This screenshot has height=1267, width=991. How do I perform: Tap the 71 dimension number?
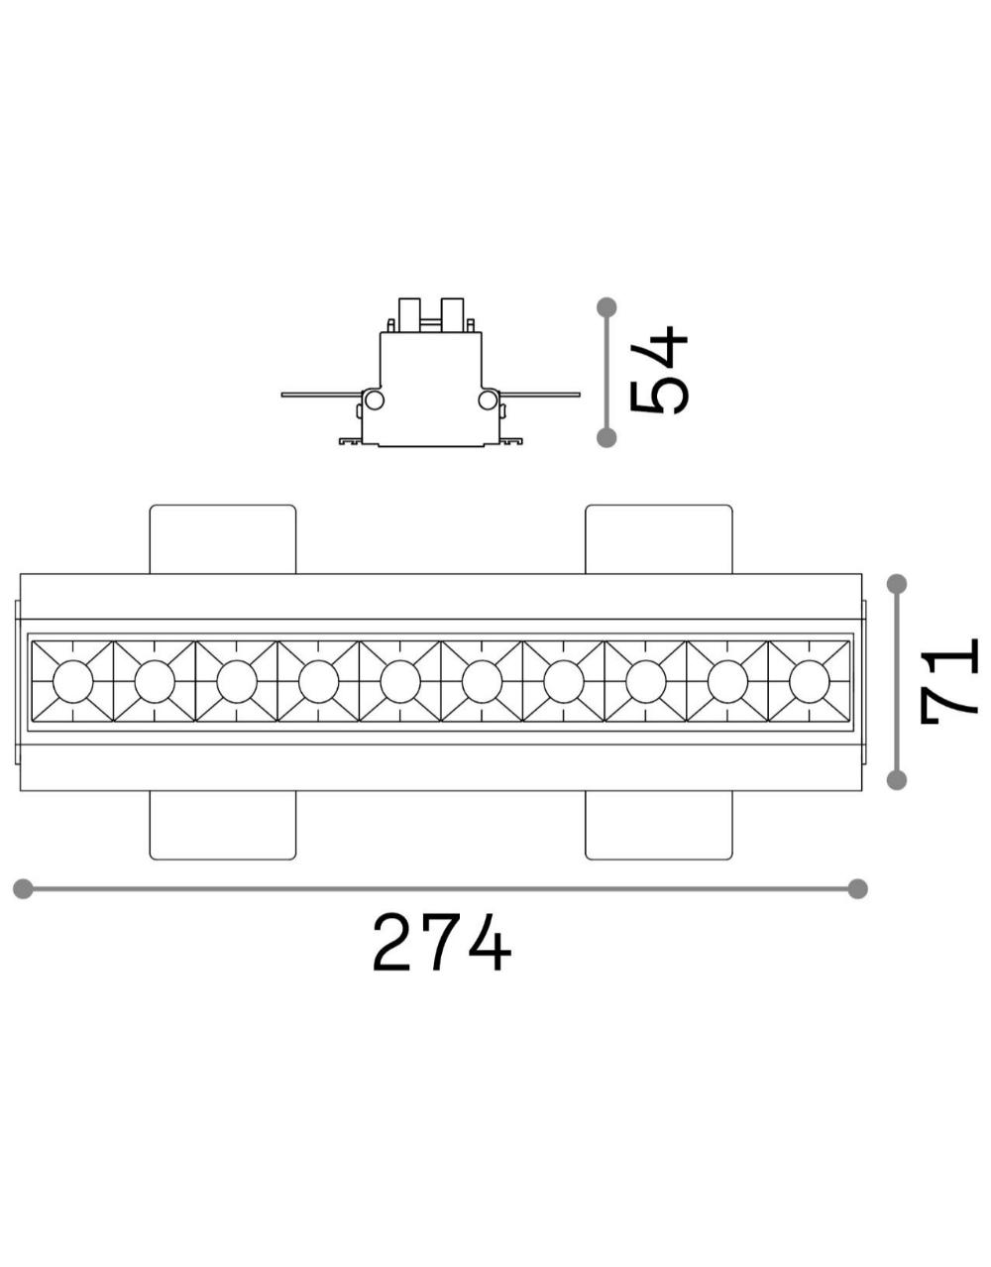click(948, 682)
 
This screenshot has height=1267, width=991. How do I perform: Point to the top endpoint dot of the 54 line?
click(607, 306)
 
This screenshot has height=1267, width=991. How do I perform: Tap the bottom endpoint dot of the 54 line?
click(607, 437)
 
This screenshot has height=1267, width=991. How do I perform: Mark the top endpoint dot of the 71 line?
click(897, 584)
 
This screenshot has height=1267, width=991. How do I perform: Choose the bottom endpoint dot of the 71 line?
click(897, 780)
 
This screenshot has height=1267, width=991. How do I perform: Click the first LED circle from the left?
click(72, 681)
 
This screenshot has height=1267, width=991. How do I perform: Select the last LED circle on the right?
click(810, 681)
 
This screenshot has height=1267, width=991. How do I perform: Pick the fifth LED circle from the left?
click(400, 681)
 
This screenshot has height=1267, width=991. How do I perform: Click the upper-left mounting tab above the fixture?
click(223, 539)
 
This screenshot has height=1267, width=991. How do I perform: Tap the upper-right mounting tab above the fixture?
click(659, 539)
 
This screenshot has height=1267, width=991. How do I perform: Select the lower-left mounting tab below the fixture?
click(223, 825)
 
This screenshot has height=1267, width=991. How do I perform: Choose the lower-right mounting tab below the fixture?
click(659, 825)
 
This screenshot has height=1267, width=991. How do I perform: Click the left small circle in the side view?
click(374, 400)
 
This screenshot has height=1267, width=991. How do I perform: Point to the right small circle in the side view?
click(488, 400)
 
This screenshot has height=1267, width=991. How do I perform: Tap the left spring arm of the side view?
click(322, 395)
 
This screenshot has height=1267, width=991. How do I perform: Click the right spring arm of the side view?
click(539, 395)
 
